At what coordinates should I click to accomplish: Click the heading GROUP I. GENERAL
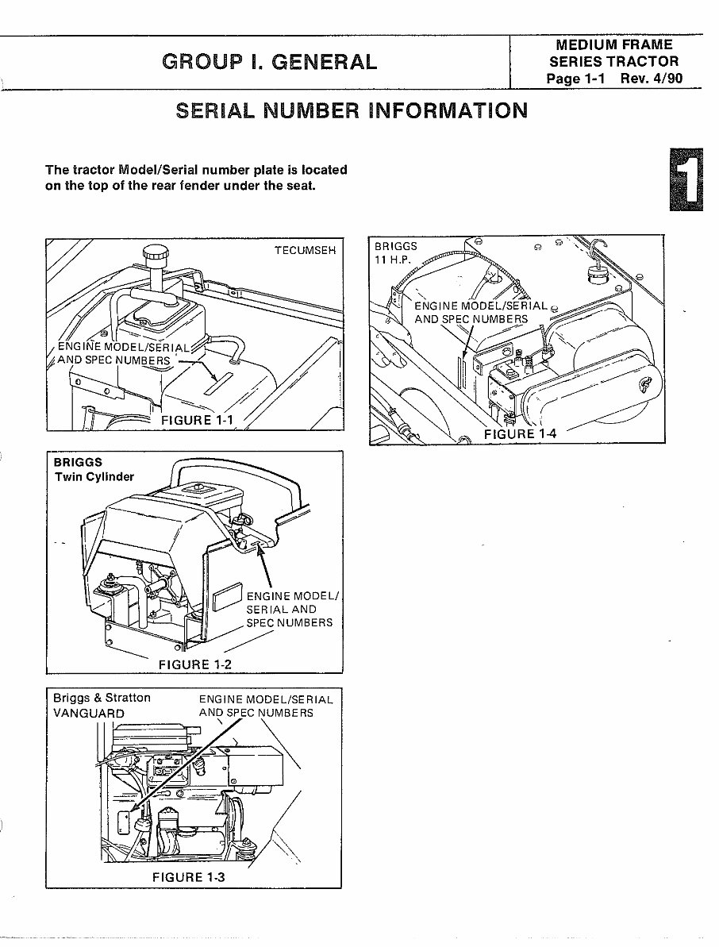tap(270, 61)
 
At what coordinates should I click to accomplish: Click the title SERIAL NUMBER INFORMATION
tap(351, 110)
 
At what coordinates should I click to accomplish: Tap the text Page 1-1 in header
tap(576, 79)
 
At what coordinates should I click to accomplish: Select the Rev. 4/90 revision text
tap(654, 79)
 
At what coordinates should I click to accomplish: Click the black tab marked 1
tap(687, 179)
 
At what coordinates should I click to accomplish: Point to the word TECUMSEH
tap(305, 250)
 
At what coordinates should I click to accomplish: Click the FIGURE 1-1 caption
tap(197, 420)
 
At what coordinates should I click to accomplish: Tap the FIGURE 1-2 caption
tap(195, 664)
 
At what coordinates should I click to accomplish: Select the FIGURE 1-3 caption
tap(189, 876)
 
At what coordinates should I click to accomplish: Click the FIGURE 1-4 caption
tap(521, 433)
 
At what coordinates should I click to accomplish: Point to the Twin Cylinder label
tap(94, 477)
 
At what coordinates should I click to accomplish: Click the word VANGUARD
tap(89, 713)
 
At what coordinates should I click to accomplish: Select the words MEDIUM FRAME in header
tap(614, 45)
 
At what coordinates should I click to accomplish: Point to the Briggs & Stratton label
tap(102, 698)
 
